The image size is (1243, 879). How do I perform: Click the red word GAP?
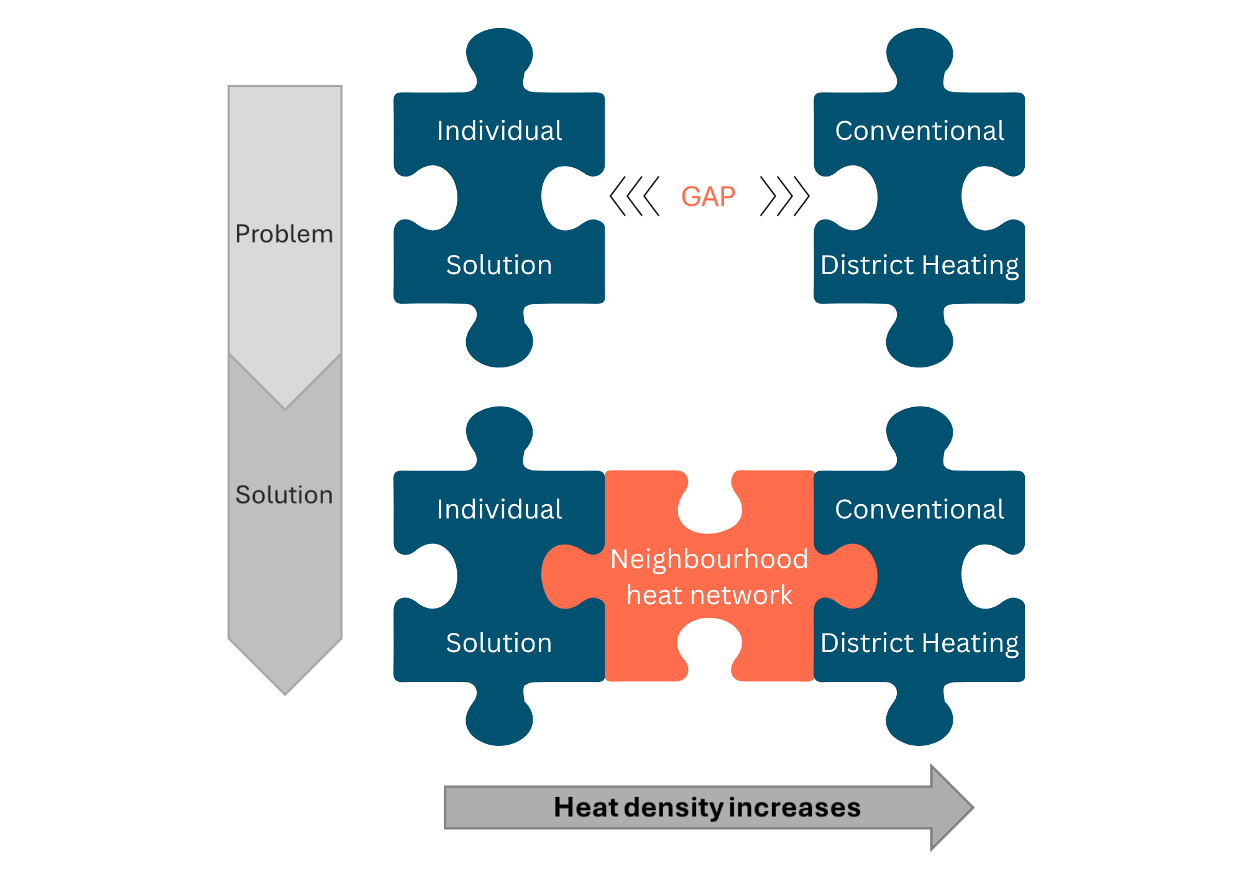click(709, 196)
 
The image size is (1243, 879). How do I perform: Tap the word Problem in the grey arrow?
click(284, 234)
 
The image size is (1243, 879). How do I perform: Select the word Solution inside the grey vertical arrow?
click(284, 495)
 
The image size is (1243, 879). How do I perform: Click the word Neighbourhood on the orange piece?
click(709, 559)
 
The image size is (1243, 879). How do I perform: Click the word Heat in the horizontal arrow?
click(586, 808)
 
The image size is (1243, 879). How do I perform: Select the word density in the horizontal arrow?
click(674, 808)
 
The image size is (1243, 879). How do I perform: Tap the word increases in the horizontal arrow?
click(794, 808)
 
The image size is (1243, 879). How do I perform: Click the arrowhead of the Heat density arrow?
click(951, 808)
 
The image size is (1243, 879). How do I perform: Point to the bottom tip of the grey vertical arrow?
click(285, 692)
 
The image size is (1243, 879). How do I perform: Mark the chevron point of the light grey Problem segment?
click(285, 405)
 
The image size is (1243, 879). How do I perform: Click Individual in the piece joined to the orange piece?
click(499, 510)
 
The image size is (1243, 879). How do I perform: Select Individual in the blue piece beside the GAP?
click(499, 131)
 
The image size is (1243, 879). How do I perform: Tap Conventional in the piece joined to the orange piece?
click(919, 510)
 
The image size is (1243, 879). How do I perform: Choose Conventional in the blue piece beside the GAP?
click(919, 131)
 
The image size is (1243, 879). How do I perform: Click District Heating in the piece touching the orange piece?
click(919, 643)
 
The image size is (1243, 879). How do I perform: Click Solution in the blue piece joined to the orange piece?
click(499, 643)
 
